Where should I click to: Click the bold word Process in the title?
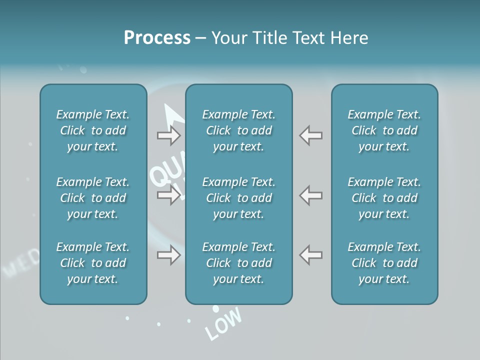point(157,38)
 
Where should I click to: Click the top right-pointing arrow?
point(168,135)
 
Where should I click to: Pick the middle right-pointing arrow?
point(168,194)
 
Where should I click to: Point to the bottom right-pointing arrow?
point(168,255)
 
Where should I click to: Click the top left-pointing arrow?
point(311,135)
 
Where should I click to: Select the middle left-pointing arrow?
point(311,194)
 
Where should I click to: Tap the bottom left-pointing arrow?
point(311,254)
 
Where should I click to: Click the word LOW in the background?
point(223,323)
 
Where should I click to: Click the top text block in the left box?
point(93,130)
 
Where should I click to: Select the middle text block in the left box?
point(93,198)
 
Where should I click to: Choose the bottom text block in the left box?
point(93,263)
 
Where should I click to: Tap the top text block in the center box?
point(238,130)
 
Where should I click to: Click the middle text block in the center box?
point(238,198)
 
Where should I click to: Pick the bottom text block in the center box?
point(238,263)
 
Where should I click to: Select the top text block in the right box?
point(384,130)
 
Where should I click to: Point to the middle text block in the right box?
point(384,198)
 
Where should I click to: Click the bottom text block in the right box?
point(384,263)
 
